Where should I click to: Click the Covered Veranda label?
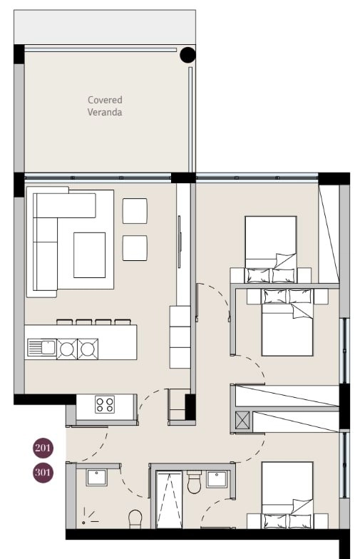point(105,106)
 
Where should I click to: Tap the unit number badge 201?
point(43,448)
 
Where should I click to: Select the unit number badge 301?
point(43,473)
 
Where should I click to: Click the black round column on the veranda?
point(187,54)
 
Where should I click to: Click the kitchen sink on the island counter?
point(41,348)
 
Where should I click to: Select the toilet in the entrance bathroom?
point(135,519)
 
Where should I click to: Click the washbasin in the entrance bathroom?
point(96,478)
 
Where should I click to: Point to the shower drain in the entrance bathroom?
point(83,523)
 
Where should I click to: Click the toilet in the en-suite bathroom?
point(194,482)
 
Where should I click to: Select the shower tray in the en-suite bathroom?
point(170,500)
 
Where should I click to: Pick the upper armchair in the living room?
point(135,211)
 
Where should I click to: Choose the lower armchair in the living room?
point(135,248)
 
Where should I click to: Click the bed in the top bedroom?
point(271,250)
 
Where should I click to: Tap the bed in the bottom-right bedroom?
point(287,495)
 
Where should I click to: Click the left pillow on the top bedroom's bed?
point(258,275)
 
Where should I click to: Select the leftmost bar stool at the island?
point(64,322)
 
